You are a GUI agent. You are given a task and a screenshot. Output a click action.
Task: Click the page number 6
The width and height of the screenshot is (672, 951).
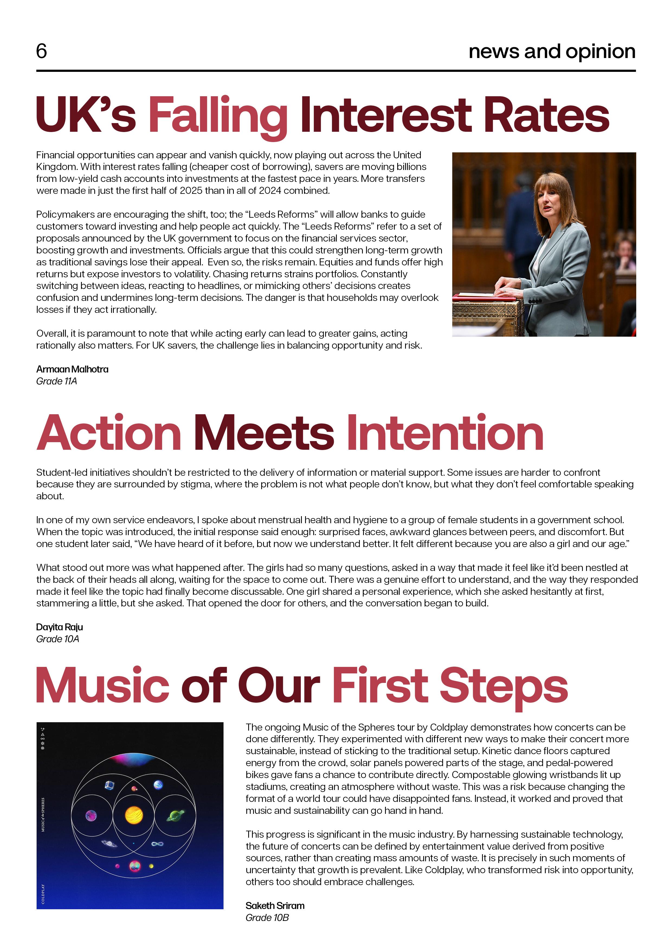[41, 51]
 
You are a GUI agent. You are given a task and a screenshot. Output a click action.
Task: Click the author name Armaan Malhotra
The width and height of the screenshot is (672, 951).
[72, 369]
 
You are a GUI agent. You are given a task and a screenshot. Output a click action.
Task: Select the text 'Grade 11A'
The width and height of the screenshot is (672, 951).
[56, 381]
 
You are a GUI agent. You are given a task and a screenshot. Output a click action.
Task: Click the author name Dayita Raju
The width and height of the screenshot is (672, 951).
[59, 627]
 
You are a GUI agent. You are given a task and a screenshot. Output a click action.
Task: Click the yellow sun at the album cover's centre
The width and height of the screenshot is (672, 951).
[134, 815]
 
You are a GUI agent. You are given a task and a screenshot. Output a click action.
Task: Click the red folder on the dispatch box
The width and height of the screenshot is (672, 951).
[484, 297]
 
